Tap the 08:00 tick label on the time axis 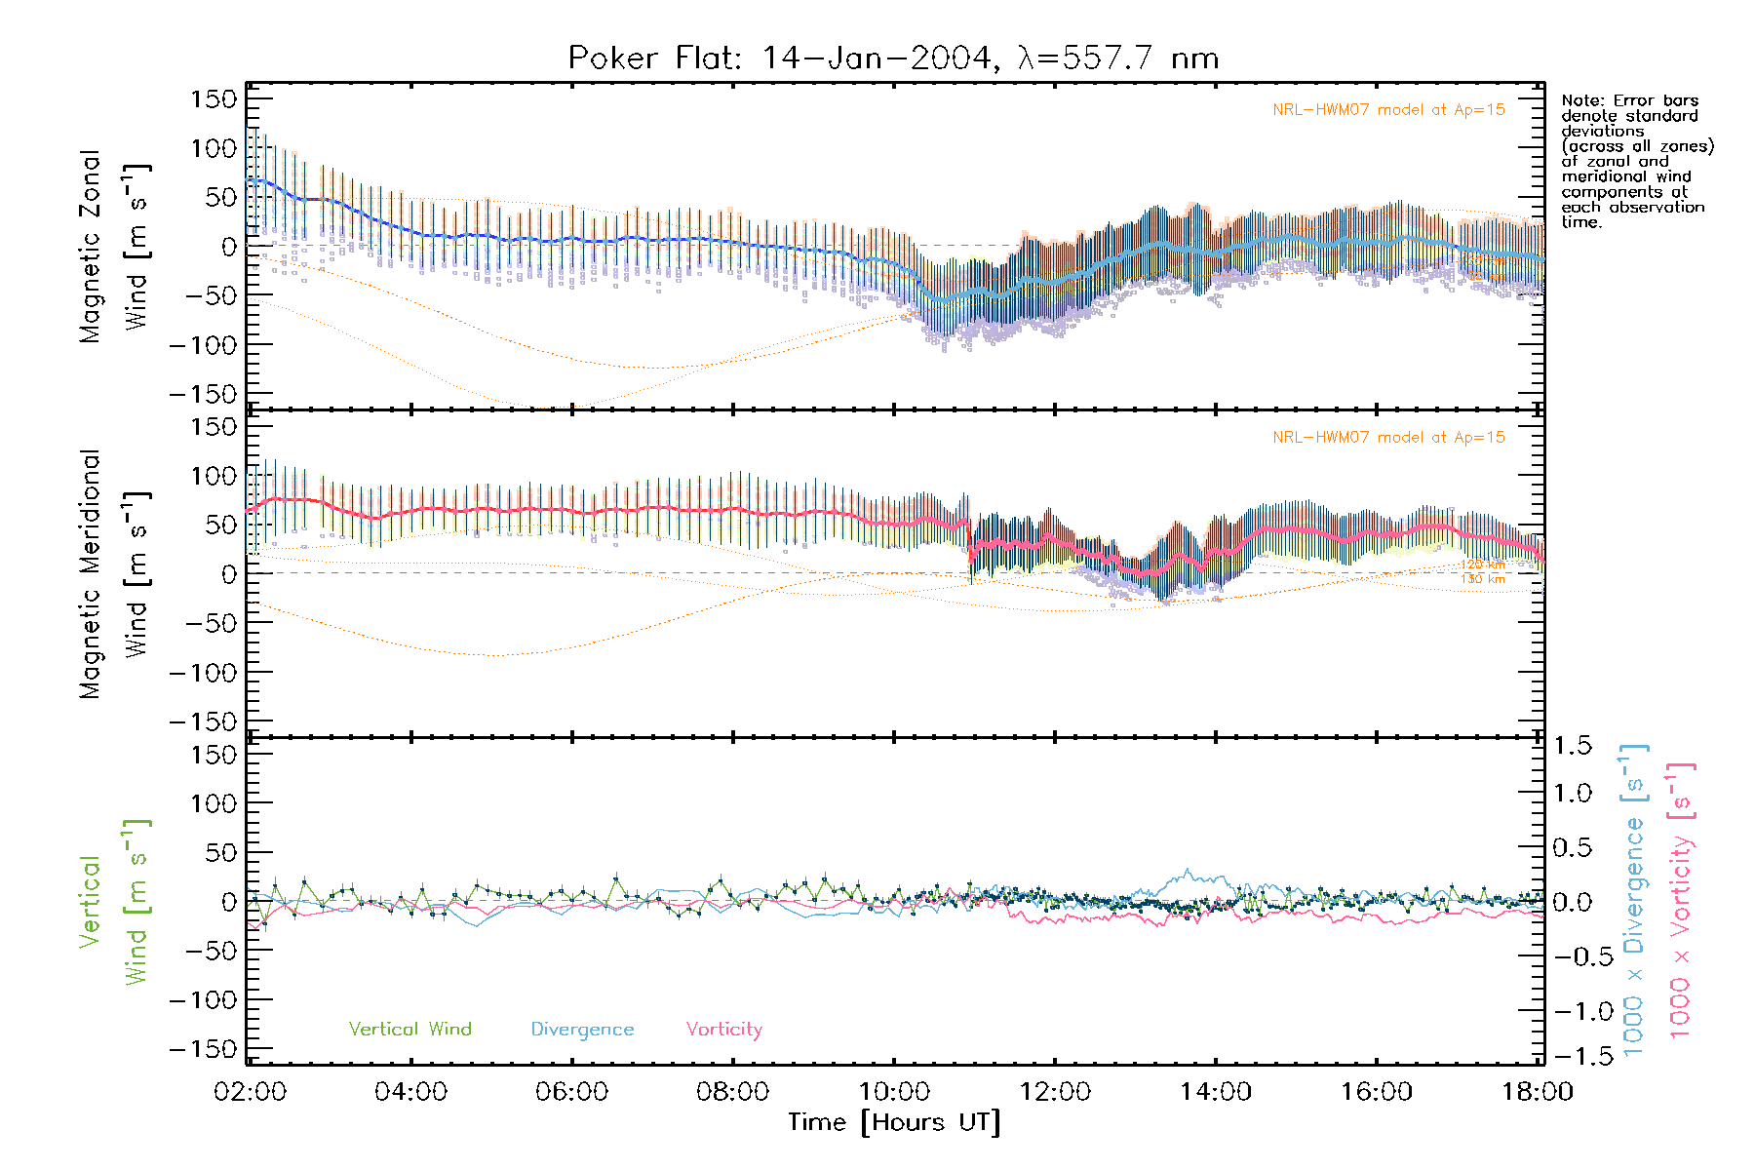(x=732, y=1092)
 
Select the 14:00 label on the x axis (x=1215, y=1092)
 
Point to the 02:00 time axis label (x=251, y=1092)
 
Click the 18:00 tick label (x=1537, y=1092)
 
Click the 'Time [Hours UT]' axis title (x=894, y=1123)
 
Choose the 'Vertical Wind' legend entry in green (x=409, y=1030)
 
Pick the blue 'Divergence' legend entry (x=582, y=1030)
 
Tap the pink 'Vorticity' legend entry (x=723, y=1030)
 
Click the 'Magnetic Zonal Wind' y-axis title (x=115, y=246)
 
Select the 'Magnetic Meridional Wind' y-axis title (x=115, y=574)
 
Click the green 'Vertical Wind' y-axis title (x=115, y=902)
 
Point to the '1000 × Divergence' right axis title (x=1634, y=902)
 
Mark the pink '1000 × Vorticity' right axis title (x=1681, y=902)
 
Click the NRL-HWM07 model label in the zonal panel (x=1388, y=110)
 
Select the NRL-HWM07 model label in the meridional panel (x=1388, y=438)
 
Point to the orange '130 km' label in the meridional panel (x=1482, y=579)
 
